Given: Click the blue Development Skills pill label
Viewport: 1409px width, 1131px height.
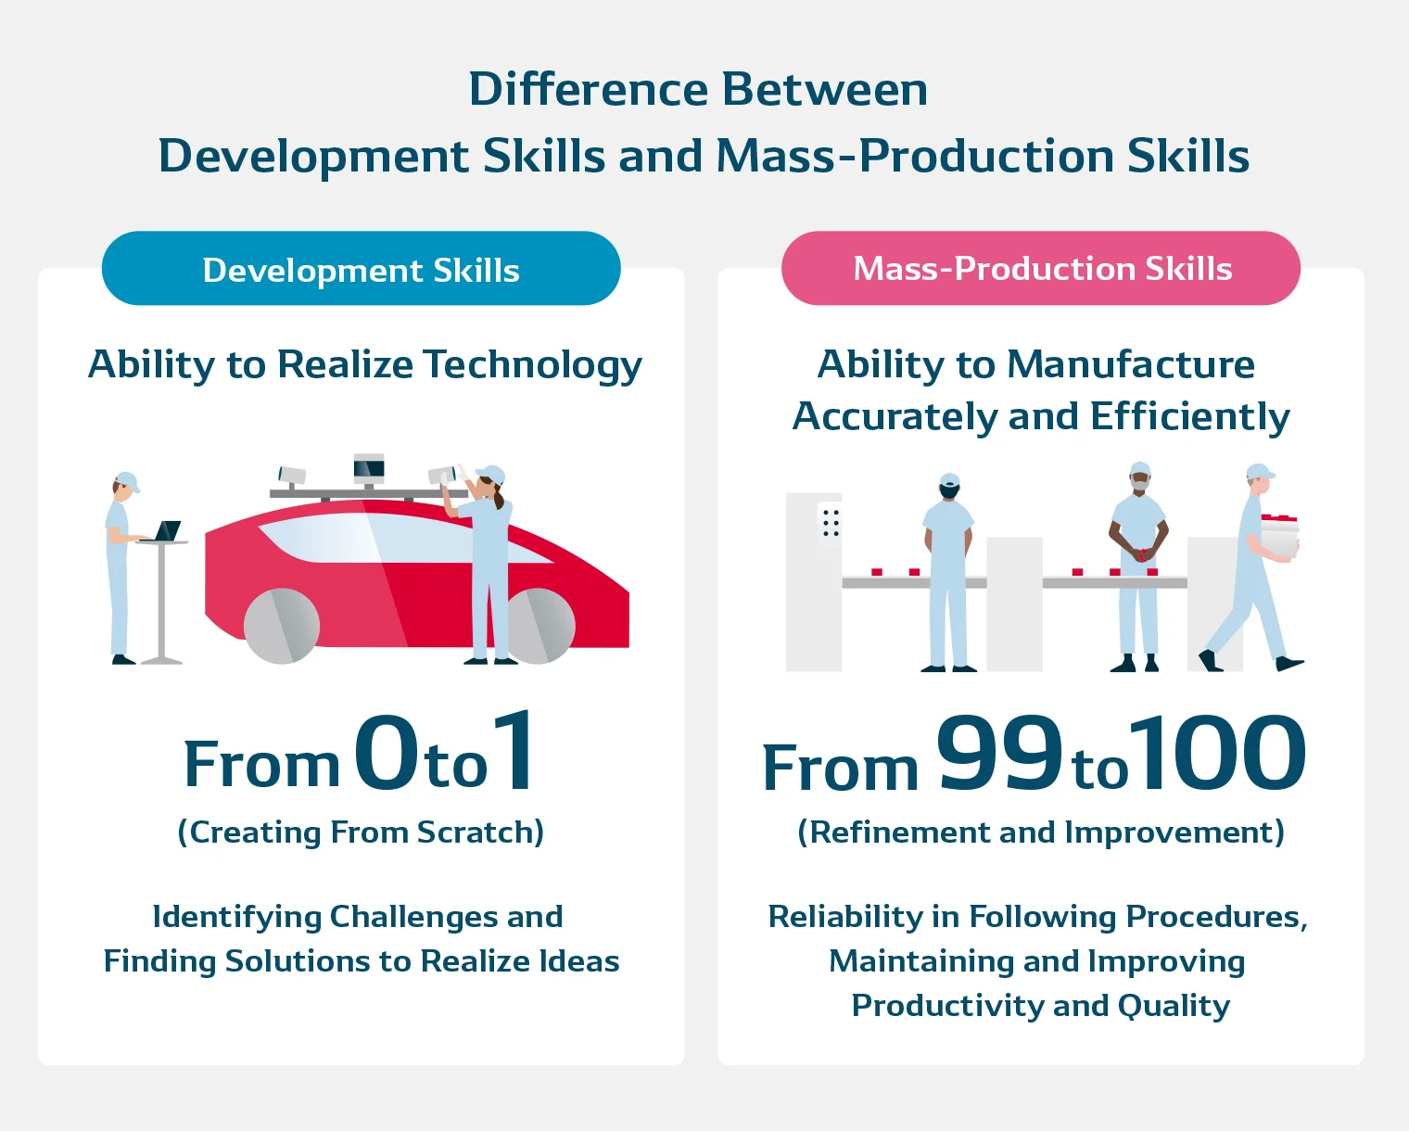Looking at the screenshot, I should point(361,269).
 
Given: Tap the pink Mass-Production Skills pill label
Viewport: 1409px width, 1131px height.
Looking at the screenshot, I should point(1041,268).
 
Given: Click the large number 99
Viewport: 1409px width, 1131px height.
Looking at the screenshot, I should point(999,753).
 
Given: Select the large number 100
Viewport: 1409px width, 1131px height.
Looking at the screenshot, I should point(1218,753).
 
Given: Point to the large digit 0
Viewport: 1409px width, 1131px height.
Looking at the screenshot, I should point(386,753).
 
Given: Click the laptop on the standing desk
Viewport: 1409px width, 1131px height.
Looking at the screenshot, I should point(167,531).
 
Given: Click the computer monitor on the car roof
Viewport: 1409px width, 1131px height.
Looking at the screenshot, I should point(369,468).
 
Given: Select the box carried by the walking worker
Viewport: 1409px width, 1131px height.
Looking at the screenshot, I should point(1279,536).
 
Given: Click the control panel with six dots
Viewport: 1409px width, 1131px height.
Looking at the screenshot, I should point(831,523).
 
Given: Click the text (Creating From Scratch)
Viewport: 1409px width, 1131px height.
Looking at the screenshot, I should point(361,832).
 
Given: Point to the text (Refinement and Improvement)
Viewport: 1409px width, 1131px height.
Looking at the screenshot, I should point(1041,832).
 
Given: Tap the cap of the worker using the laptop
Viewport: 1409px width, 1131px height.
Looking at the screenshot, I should point(126,481).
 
